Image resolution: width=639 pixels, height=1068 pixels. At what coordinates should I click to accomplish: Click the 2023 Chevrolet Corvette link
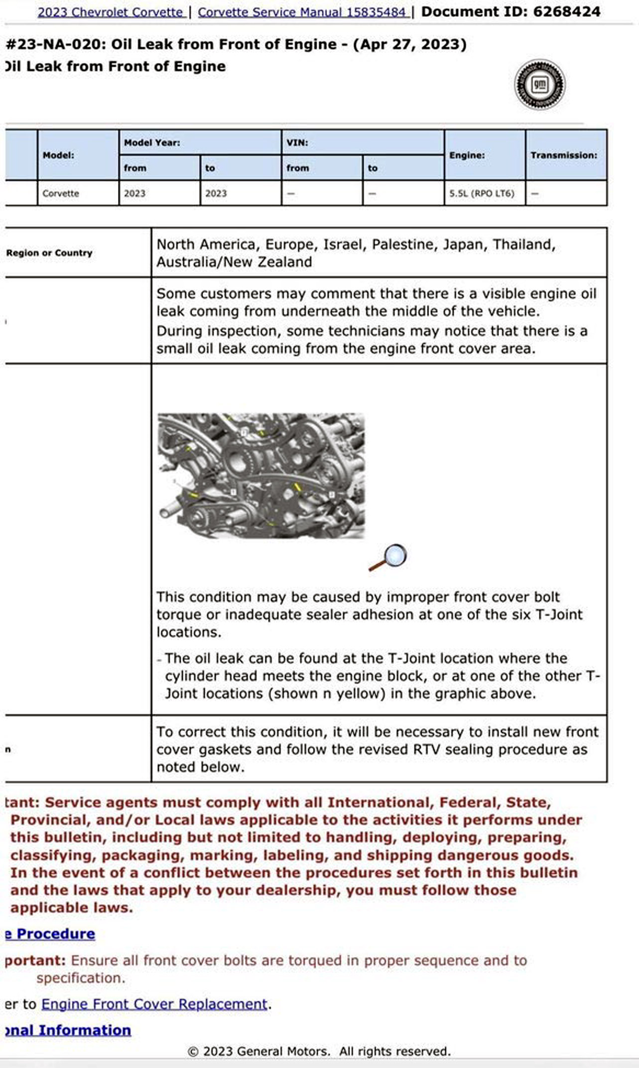(x=110, y=12)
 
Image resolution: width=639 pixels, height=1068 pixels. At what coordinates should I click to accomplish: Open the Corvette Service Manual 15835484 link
(x=302, y=12)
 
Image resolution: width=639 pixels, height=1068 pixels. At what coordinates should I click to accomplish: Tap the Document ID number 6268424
(x=566, y=11)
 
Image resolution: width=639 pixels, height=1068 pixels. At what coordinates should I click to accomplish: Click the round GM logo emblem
(x=540, y=85)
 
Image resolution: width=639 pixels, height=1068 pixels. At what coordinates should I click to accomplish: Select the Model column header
(x=58, y=155)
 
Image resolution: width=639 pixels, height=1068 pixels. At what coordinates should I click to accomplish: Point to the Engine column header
(x=467, y=155)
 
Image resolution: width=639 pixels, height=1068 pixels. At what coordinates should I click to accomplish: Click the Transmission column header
(x=564, y=155)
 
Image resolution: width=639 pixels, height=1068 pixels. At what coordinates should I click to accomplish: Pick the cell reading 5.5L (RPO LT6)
(x=482, y=194)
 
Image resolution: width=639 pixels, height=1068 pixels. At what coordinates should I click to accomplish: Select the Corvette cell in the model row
(x=61, y=194)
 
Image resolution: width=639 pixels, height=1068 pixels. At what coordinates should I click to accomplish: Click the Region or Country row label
(x=49, y=253)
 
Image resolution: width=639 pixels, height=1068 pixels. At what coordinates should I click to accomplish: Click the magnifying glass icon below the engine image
(x=388, y=557)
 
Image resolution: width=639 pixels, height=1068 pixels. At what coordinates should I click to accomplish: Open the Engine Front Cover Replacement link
(x=154, y=1004)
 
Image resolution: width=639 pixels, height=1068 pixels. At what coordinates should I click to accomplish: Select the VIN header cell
(x=297, y=143)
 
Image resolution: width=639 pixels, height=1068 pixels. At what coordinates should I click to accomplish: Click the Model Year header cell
(x=152, y=143)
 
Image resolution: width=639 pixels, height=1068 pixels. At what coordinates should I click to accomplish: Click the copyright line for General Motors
(x=319, y=1052)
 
